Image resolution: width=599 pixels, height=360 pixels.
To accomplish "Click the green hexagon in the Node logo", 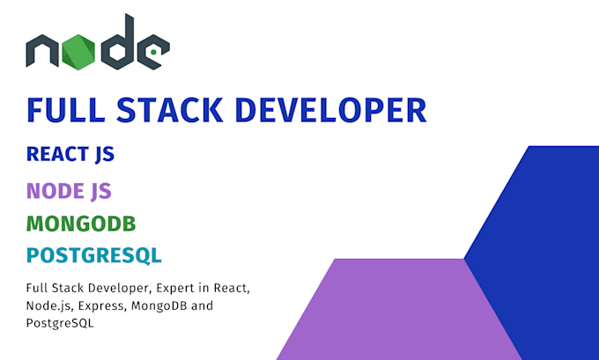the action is pos(78,52).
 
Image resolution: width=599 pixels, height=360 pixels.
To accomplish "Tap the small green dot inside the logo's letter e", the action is pos(153,52).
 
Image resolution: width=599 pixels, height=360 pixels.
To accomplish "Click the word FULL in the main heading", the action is pos(66,110).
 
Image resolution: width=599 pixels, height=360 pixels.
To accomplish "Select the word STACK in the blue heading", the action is pos(170,110).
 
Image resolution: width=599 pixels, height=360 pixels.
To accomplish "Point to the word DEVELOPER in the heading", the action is pos(331,110).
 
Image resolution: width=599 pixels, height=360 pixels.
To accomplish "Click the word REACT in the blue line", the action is pos(57,154).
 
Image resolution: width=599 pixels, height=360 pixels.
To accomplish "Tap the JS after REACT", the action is pos(105,155).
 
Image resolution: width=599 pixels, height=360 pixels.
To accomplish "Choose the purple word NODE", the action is pos(55,191).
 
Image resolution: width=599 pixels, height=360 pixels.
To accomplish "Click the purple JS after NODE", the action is pos(101,191).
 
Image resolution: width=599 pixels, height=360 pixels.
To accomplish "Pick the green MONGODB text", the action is pos(81,224).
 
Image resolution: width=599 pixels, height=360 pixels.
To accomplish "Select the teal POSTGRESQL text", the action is pos(94,255).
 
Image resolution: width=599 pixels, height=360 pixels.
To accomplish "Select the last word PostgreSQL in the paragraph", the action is pos(60,323).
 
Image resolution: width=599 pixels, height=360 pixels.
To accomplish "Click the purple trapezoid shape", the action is pos(399,309).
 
